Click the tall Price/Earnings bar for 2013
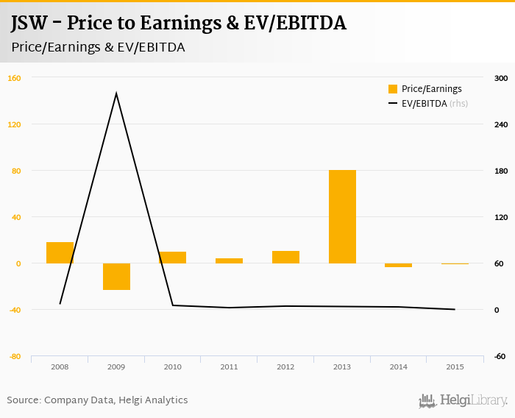pos(342,216)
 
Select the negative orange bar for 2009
pos(116,276)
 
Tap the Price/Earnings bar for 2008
pos(60,252)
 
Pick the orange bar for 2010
pos(172,258)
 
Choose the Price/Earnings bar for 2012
pos(285,257)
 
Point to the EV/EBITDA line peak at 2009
pos(116,93)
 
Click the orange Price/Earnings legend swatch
pos(393,89)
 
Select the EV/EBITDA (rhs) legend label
pos(435,104)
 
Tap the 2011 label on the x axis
pos(229,366)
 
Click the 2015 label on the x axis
pos(455,366)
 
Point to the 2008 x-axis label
pos(60,366)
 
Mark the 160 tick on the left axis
pos(14,78)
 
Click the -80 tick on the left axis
pos(14,356)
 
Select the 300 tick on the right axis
pos(500,78)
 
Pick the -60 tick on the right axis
pos(500,356)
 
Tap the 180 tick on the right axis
pos(500,171)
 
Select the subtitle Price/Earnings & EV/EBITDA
pos(98,46)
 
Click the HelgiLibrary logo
pos(463,400)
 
